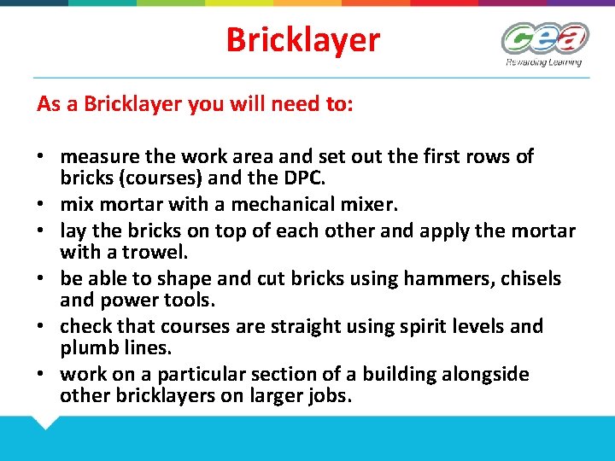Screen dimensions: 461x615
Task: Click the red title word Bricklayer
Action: click(x=302, y=39)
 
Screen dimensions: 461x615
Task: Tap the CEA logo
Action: click(x=544, y=38)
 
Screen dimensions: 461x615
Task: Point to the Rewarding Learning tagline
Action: click(x=543, y=61)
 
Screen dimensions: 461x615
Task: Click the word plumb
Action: click(x=89, y=348)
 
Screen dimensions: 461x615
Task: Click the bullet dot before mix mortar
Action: click(x=40, y=206)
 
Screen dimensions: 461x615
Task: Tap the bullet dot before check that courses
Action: click(x=40, y=327)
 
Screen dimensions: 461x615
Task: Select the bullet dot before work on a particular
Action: click(x=40, y=375)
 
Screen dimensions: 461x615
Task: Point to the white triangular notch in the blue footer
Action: click(x=44, y=421)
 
